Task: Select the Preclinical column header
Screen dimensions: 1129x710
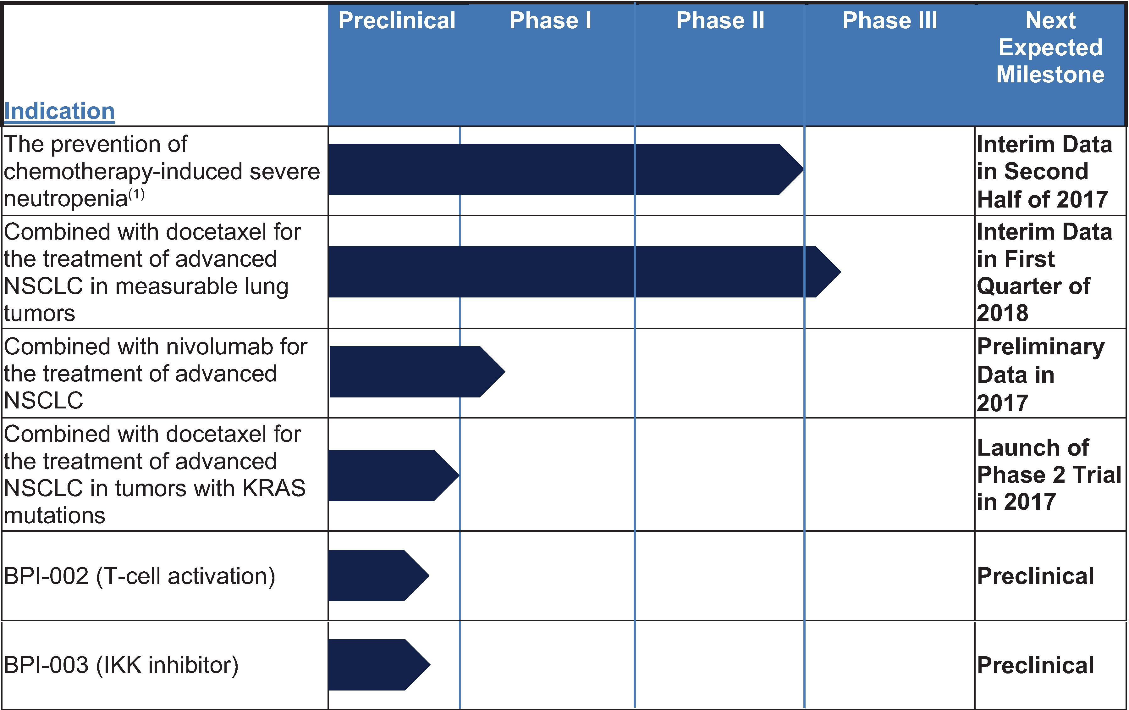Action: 397,21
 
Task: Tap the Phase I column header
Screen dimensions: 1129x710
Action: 550,21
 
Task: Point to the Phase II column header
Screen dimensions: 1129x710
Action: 720,21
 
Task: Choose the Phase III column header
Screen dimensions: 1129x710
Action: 890,21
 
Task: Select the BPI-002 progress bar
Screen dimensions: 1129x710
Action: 379,575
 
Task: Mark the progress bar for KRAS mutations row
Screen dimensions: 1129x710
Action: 394,475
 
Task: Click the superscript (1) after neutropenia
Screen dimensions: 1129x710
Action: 136,194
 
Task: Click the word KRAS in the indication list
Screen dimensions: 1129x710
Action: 273,488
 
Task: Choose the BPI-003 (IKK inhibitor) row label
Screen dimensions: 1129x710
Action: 121,665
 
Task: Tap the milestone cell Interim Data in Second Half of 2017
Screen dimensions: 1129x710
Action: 1044,172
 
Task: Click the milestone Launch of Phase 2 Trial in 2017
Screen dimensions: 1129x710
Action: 1049,474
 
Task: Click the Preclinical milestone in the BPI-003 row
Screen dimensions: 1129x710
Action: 1035,665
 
